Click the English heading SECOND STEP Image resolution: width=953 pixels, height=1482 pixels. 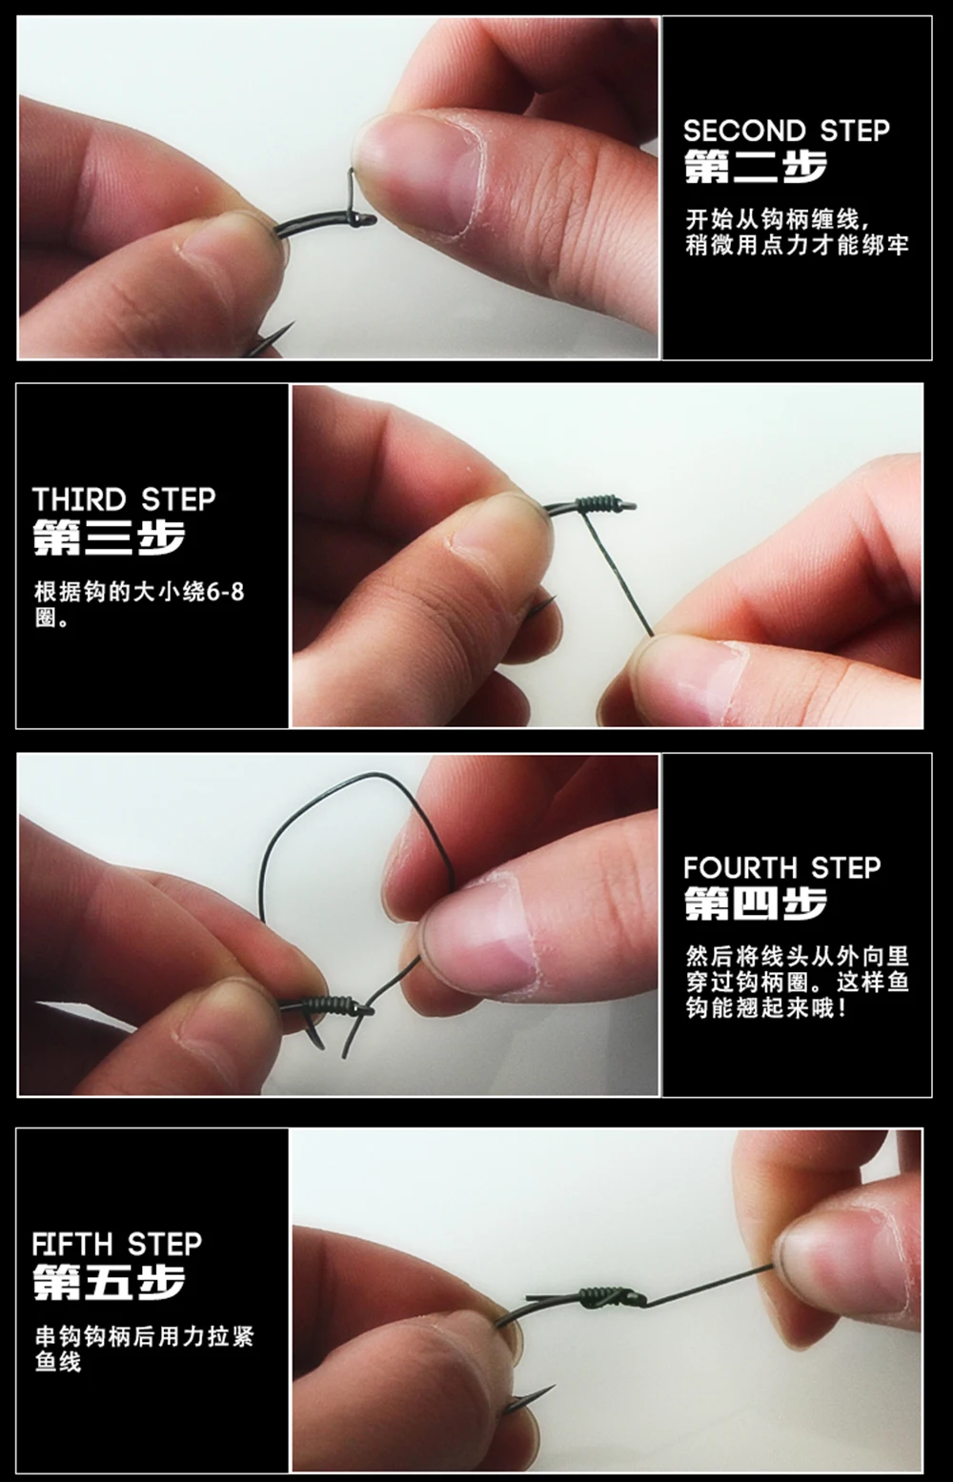(x=786, y=131)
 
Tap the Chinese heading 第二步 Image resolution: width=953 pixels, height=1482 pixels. (x=756, y=167)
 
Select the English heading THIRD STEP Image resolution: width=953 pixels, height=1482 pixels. (x=124, y=499)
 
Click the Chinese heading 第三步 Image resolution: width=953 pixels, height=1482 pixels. (x=109, y=537)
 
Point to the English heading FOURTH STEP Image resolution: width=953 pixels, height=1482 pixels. (x=782, y=867)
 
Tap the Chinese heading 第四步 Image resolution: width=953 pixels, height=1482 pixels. (x=756, y=903)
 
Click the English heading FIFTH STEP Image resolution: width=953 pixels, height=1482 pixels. (x=117, y=1245)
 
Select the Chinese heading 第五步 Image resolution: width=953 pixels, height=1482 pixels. (x=109, y=1282)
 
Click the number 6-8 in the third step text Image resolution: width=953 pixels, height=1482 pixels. (x=226, y=592)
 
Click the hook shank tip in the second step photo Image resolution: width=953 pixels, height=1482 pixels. (x=371, y=218)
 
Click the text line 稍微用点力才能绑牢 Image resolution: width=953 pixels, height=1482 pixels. (x=797, y=246)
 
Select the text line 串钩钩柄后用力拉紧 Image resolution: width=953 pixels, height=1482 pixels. (x=144, y=1337)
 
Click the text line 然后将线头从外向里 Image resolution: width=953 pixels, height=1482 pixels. (x=797, y=956)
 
